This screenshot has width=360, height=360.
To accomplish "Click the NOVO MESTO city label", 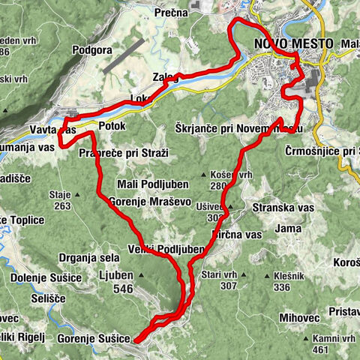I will (293, 43).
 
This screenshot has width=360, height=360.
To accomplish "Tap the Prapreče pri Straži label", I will (124, 153).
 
